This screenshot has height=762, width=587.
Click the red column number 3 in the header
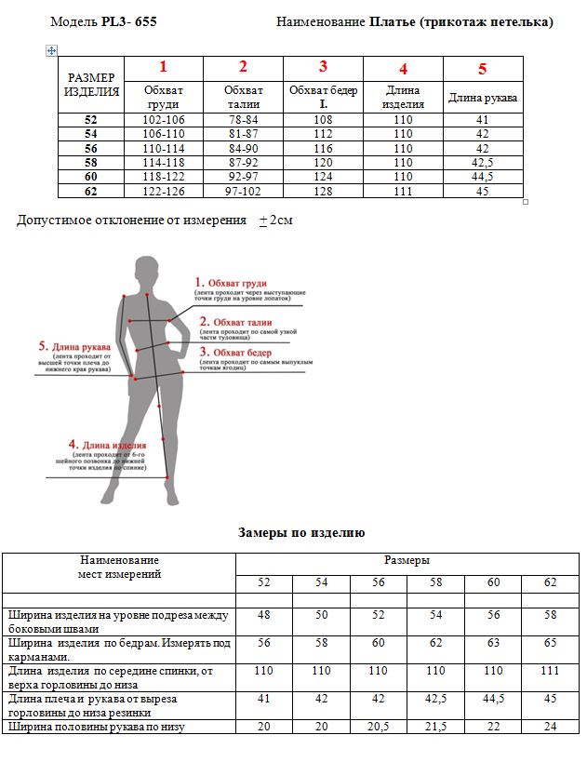pos(323,67)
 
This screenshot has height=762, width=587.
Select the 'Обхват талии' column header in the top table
pos(243,97)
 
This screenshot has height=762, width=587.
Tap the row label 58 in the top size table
pos(90,162)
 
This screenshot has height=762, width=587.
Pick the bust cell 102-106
pos(163,120)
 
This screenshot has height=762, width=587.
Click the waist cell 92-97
pos(243,177)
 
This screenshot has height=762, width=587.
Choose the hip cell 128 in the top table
pos(323,191)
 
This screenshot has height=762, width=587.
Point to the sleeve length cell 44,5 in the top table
pos(482,177)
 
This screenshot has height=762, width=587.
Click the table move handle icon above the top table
pos(52,50)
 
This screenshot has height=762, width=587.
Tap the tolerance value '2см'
pos(281,221)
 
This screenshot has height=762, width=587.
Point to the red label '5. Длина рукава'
pos(74,346)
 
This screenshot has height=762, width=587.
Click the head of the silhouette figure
pos(147,269)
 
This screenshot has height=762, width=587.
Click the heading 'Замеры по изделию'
pos(301,533)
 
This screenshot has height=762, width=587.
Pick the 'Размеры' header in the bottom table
pos(407,561)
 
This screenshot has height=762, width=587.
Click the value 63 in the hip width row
pos(493,643)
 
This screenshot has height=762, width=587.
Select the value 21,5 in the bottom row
pos(435,727)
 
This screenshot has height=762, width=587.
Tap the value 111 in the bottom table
pos(551,671)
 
